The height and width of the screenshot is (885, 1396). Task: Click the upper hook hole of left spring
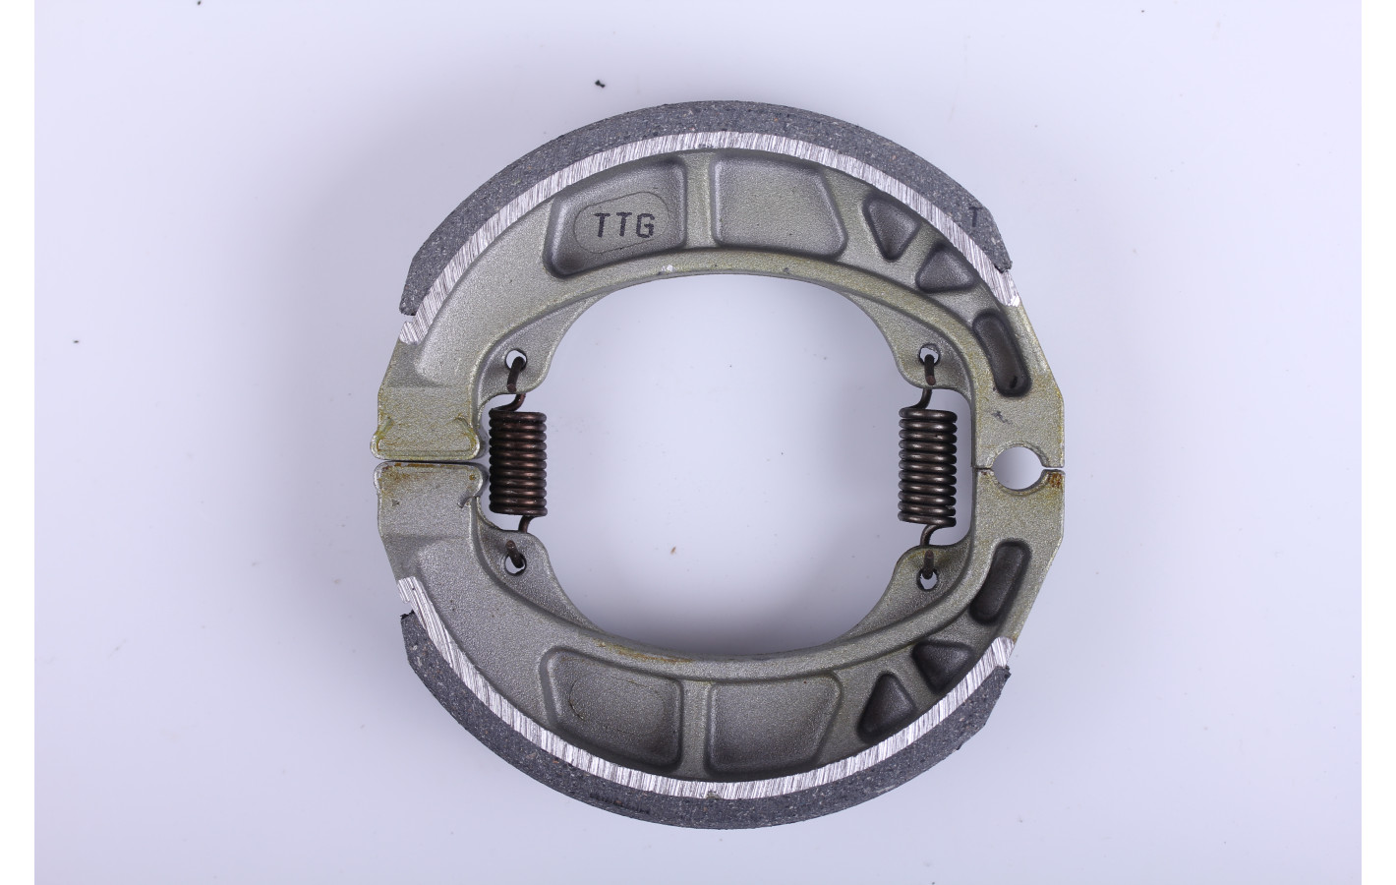[x=517, y=360]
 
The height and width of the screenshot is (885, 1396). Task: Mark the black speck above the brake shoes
[x=163, y=83]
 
